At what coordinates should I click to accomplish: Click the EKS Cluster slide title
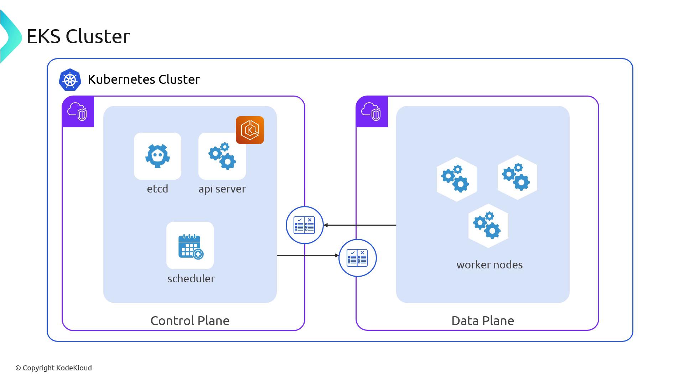[x=78, y=36]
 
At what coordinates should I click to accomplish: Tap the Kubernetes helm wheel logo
[x=70, y=79]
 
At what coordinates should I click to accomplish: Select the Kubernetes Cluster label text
[x=144, y=79]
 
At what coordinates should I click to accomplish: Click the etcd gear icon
[x=157, y=156]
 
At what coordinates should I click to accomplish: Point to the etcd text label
[x=157, y=189]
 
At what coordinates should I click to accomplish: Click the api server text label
[x=222, y=189]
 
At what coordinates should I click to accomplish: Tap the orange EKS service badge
[x=250, y=130]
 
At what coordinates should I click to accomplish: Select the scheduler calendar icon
[x=190, y=246]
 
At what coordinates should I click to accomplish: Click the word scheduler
[x=191, y=278]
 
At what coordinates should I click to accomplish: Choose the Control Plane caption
[x=190, y=320]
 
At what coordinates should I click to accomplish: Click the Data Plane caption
[x=483, y=320]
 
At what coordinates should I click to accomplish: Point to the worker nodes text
[x=489, y=265]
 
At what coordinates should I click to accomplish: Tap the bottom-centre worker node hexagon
[x=488, y=226]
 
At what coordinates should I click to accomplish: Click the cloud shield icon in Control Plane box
[x=78, y=112]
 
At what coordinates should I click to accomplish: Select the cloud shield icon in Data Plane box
[x=372, y=112]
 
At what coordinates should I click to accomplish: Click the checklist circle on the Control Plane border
[x=305, y=225]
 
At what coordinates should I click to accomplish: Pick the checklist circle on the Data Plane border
[x=357, y=258]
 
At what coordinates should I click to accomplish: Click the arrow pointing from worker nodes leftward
[x=360, y=225]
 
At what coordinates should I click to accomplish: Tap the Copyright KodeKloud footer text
[x=53, y=368]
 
